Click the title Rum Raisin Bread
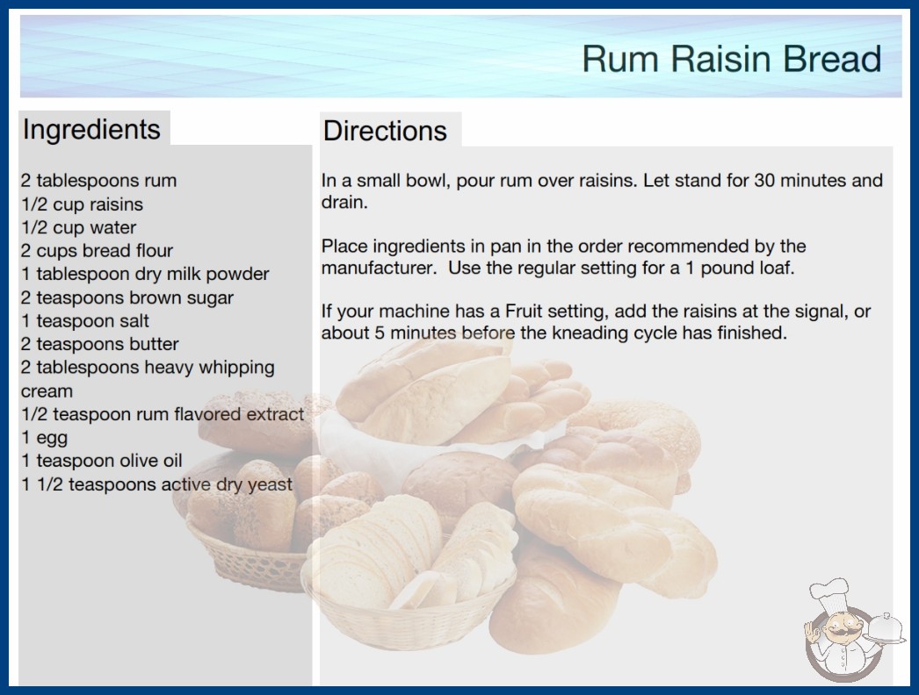pos(732,59)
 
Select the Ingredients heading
pos(91,129)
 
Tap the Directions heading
pos(385,131)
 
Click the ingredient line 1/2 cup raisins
pos(82,204)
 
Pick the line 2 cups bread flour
pos(97,251)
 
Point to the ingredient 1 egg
pos(45,438)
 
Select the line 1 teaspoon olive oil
pos(102,461)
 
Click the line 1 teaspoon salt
pos(85,321)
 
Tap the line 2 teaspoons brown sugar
pos(127,297)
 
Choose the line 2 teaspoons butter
pos(99,344)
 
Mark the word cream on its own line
pos(47,391)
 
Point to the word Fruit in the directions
pos(524,311)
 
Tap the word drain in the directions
pos(344,203)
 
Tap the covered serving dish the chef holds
pos(886,629)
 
